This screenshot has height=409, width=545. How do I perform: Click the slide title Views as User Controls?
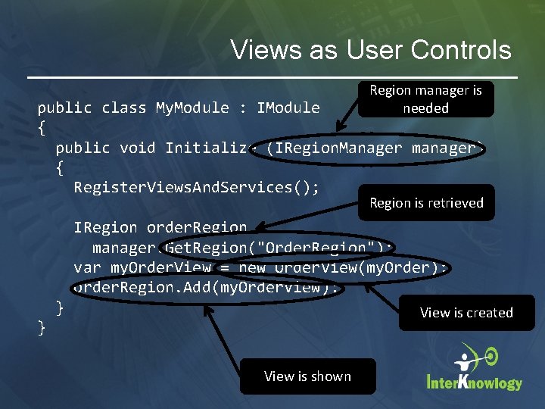(x=371, y=50)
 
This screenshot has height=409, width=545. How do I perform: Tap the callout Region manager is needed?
(x=425, y=99)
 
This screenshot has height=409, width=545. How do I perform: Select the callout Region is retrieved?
(x=426, y=203)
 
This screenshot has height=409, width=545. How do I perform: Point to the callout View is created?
(x=466, y=313)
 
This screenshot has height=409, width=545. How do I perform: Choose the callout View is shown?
(x=307, y=376)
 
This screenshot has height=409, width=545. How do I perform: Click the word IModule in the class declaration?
(x=288, y=108)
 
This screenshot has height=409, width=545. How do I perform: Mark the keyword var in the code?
(x=87, y=268)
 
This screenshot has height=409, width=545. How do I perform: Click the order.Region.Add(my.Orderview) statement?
(x=206, y=288)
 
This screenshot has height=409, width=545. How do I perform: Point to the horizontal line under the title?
(x=272, y=78)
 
